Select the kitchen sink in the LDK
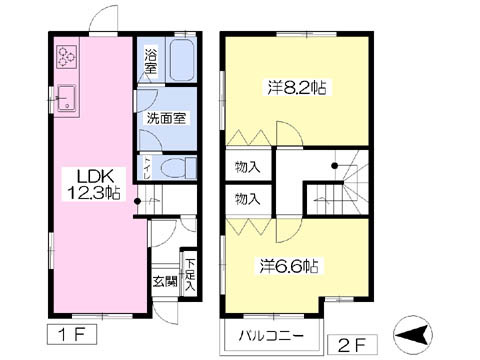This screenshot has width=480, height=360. point(66,98)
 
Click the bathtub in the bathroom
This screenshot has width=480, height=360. point(184,63)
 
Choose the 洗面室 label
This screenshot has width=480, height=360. point(166,118)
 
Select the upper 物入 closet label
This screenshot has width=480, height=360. point(248,166)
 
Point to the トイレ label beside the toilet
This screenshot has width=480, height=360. point(148,166)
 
